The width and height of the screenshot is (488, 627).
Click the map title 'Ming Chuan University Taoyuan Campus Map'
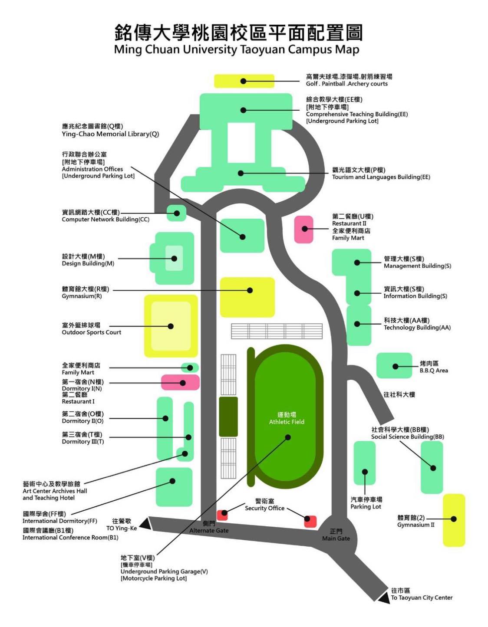(x=237, y=49)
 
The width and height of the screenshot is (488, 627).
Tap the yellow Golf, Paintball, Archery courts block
(x=244, y=81)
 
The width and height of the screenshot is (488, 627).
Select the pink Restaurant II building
(x=303, y=229)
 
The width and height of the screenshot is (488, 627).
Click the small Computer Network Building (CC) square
(x=177, y=213)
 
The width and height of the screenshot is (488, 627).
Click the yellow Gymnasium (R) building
(x=247, y=297)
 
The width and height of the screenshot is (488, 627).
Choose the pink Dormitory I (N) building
(x=180, y=382)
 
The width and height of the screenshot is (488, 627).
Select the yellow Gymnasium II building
(x=454, y=520)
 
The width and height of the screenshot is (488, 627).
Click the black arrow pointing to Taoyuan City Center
(x=384, y=597)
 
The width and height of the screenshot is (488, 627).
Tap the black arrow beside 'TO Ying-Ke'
(x=145, y=524)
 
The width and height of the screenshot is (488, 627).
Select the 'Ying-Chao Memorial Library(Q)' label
(x=110, y=134)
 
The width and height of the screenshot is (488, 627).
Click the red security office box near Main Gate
(x=310, y=521)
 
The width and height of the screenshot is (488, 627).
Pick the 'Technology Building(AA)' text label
(x=417, y=328)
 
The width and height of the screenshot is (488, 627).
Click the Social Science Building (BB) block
(x=432, y=467)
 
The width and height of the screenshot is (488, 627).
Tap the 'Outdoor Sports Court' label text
(x=91, y=332)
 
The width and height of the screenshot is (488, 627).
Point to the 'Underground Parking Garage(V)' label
(x=164, y=571)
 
